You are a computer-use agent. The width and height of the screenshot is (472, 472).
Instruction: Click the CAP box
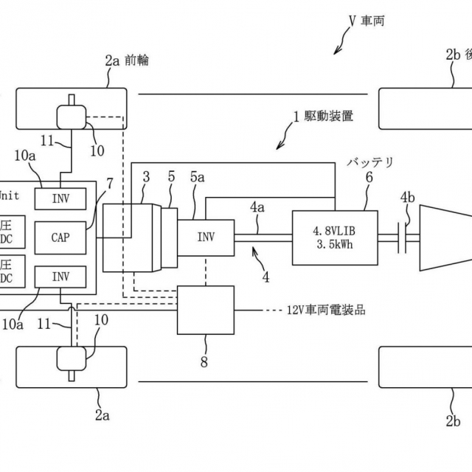coord(60,237)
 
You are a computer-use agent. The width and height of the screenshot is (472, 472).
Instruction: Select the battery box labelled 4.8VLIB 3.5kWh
coord(334,237)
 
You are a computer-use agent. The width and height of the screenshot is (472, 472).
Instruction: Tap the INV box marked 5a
coord(206,237)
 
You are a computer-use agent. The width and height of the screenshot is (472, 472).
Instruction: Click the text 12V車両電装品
coord(325,310)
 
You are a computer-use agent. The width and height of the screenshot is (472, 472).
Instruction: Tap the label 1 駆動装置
coord(323,116)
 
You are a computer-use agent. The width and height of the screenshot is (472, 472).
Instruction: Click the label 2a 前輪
coord(126,60)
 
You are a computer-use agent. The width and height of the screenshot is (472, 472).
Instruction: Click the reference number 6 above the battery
coord(369,177)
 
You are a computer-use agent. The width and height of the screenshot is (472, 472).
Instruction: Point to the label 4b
coord(408,197)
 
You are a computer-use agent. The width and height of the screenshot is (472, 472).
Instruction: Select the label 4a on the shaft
coord(257,208)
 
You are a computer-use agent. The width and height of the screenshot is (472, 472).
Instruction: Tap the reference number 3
coord(146,177)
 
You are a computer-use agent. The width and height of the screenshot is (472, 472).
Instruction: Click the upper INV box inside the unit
coord(60,198)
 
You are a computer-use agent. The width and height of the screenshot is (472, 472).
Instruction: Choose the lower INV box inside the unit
coord(60,277)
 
